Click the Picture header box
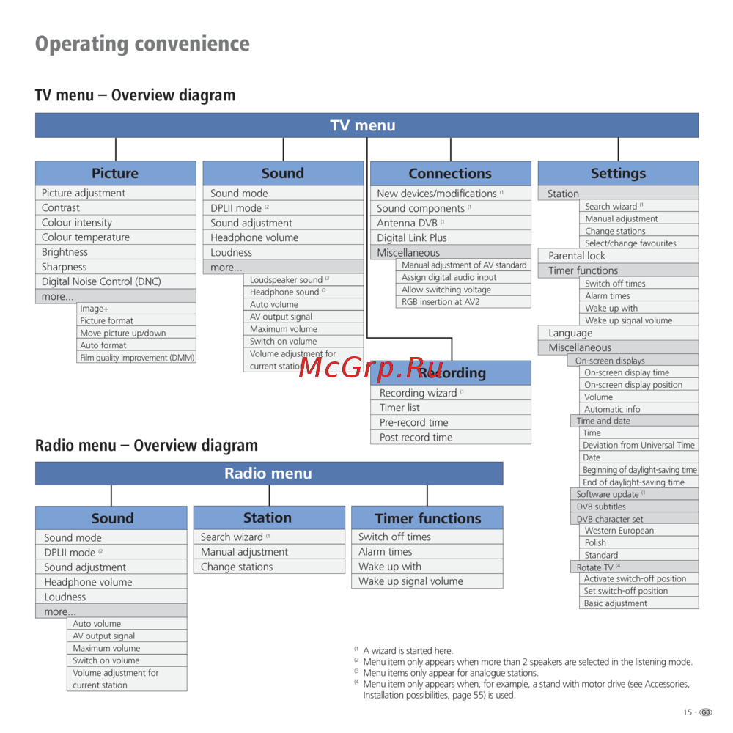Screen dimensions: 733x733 [x=116, y=173]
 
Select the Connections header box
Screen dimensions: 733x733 [x=451, y=174]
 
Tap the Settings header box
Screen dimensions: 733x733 [x=618, y=173]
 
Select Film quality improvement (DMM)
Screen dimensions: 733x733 [x=136, y=358]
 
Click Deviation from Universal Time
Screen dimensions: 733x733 [x=638, y=445]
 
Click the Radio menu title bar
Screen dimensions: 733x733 [x=269, y=473]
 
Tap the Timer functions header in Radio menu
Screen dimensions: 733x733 [x=427, y=518]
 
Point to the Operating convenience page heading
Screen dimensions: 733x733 [x=143, y=44]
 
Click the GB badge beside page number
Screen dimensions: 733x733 [x=705, y=712]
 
